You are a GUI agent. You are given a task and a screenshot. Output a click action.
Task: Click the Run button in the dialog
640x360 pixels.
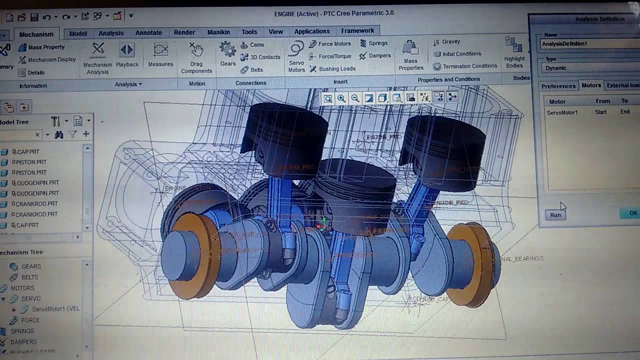(555, 215)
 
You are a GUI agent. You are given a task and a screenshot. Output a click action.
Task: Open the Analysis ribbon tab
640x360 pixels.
(111, 33)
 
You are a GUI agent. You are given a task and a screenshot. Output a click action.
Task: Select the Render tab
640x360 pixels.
(184, 32)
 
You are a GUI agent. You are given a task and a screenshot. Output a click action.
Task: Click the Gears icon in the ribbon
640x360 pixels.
(227, 54)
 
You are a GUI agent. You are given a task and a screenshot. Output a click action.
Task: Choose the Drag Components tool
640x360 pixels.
(196, 57)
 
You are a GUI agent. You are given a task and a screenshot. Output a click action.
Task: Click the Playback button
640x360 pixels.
(127, 55)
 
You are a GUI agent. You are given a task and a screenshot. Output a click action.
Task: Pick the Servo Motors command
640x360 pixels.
(296, 56)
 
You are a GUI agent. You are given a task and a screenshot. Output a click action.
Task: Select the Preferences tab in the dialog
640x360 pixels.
(558, 86)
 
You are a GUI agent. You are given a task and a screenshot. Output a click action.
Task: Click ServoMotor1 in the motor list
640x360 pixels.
(562, 112)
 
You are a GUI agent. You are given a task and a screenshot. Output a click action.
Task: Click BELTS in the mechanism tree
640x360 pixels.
(29, 277)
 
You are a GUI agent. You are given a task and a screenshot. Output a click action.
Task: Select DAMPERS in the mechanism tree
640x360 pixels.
(23, 342)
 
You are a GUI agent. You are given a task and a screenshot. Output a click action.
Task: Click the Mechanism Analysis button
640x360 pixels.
(97, 57)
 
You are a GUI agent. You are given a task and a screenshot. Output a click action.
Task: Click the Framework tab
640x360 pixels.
(357, 31)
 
